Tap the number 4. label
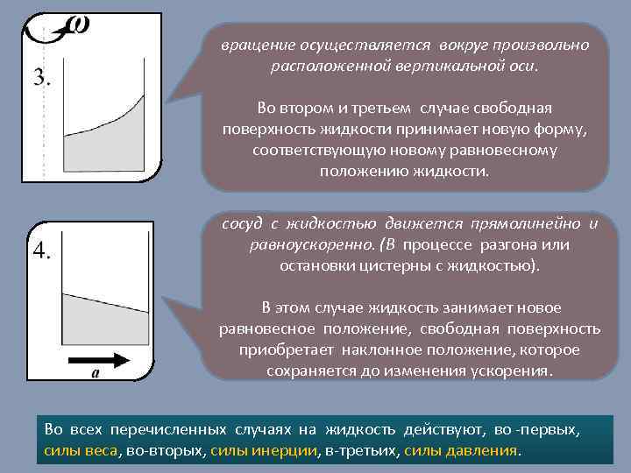(41, 251)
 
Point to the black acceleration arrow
(97, 358)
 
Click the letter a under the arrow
(95, 374)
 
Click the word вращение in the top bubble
(249, 46)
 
